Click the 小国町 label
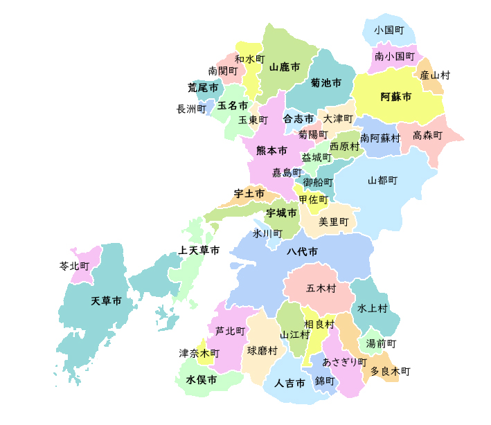coord(389,30)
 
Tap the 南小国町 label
coord(395,55)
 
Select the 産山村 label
coord(434,75)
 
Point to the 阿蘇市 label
coord(396,97)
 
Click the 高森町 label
coord(427,136)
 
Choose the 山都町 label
coord(382,181)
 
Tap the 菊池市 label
coord(325,83)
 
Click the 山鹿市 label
coord(284,67)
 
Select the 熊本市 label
coord(271,150)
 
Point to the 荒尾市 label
coord(203,88)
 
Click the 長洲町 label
coord(191,109)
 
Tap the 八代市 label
coord(303,251)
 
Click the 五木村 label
coord(321,288)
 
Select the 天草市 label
coord(107,301)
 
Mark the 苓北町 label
coord(75,266)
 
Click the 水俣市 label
coord(201,380)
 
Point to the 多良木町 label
coord(390,372)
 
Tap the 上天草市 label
coord(199,250)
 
